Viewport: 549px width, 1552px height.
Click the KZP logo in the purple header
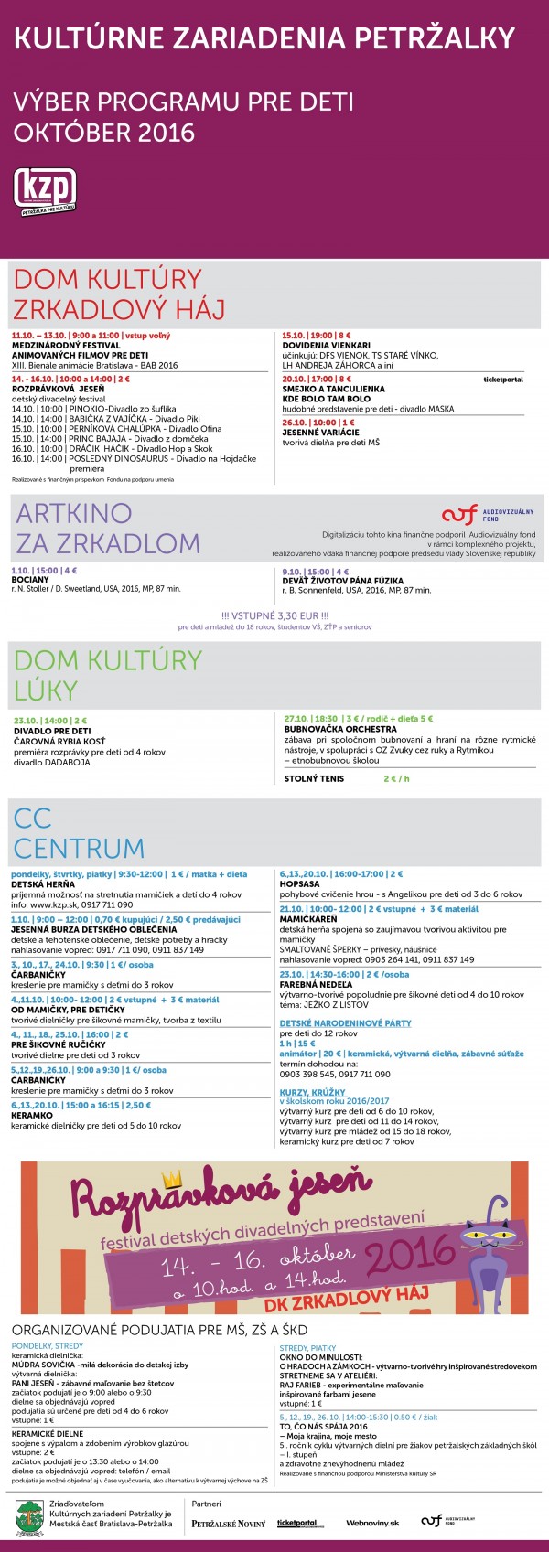(x=44, y=191)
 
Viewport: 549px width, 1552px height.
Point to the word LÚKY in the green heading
(x=46, y=690)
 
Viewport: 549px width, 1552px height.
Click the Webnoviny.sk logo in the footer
(x=372, y=1523)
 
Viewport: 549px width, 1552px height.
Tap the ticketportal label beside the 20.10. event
(x=503, y=379)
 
